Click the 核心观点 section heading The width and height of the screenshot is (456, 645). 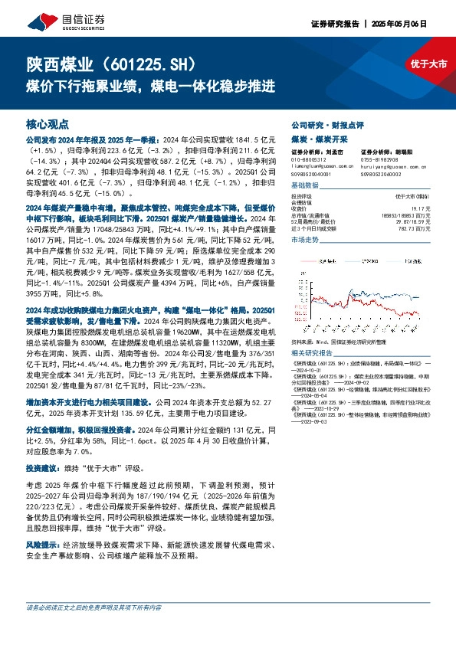pos(48,123)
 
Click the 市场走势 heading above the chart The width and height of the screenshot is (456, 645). pos(304,241)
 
